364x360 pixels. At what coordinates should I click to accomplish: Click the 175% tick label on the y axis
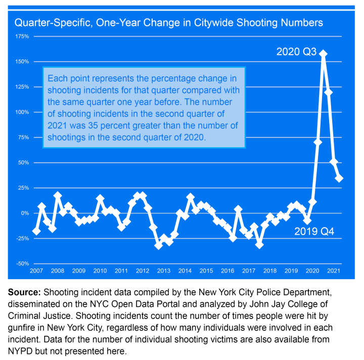click(22, 36)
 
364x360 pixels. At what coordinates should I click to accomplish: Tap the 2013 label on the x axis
click(164, 272)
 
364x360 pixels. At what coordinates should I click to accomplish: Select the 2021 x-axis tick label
click(334, 272)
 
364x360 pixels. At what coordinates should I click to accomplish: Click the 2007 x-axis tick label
click(36, 272)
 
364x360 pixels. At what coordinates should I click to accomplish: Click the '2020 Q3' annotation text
click(296, 52)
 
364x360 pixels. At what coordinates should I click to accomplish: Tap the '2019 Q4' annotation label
click(315, 233)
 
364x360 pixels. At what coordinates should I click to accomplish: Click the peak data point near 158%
click(324, 54)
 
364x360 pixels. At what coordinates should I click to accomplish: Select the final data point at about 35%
click(339, 178)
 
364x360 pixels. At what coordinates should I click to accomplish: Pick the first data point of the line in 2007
click(36, 231)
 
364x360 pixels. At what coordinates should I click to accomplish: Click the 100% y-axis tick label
click(22, 112)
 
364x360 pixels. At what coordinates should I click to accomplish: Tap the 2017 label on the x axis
click(249, 272)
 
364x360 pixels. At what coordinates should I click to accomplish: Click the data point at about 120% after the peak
click(329, 92)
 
